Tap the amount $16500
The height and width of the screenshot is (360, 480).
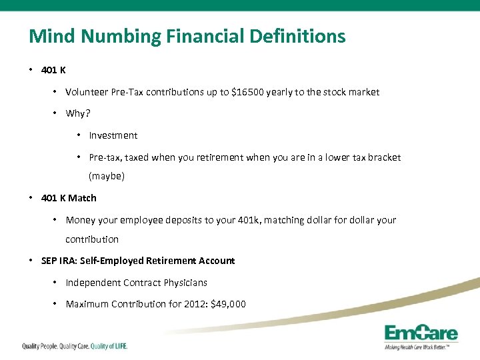pyautogui.click(x=247, y=92)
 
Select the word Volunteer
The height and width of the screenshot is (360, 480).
pyautogui.click(x=87, y=92)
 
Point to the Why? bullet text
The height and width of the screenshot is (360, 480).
pyautogui.click(x=77, y=113)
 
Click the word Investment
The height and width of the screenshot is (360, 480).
pyautogui.click(x=113, y=135)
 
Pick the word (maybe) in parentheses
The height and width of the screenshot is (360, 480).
pyautogui.click(x=107, y=177)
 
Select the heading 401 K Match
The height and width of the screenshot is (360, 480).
pyautogui.click(x=69, y=198)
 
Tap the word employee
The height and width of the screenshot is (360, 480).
pyautogui.click(x=141, y=220)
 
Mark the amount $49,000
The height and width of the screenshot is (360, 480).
pyautogui.click(x=228, y=304)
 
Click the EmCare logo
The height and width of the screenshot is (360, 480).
pyautogui.click(x=421, y=335)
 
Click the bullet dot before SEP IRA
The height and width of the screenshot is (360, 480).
pyautogui.click(x=32, y=261)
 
